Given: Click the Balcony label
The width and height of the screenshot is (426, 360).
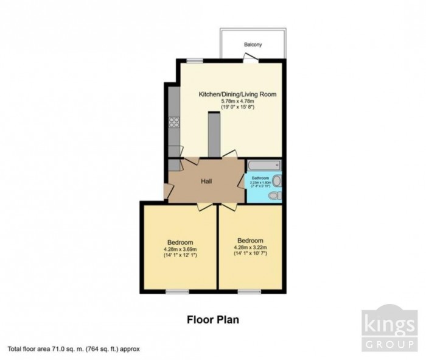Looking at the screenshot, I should (x=253, y=44).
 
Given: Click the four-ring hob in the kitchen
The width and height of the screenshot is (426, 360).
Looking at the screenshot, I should (x=173, y=121).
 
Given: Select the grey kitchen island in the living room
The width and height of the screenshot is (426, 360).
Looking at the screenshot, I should (x=214, y=135).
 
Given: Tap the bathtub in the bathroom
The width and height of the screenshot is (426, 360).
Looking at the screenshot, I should (x=264, y=164).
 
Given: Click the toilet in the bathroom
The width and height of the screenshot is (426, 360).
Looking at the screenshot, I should (x=274, y=195).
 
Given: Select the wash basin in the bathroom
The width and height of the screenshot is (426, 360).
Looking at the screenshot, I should (x=278, y=180).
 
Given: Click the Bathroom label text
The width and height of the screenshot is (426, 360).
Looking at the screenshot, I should (x=260, y=178).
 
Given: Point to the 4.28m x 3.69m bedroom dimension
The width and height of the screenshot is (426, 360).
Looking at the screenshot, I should (x=180, y=248).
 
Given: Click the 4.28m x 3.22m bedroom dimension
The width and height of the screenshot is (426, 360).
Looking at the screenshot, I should (x=250, y=247).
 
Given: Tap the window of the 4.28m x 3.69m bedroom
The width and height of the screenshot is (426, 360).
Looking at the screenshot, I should (x=178, y=292).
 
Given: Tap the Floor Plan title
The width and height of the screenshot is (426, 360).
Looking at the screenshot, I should (x=212, y=318).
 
